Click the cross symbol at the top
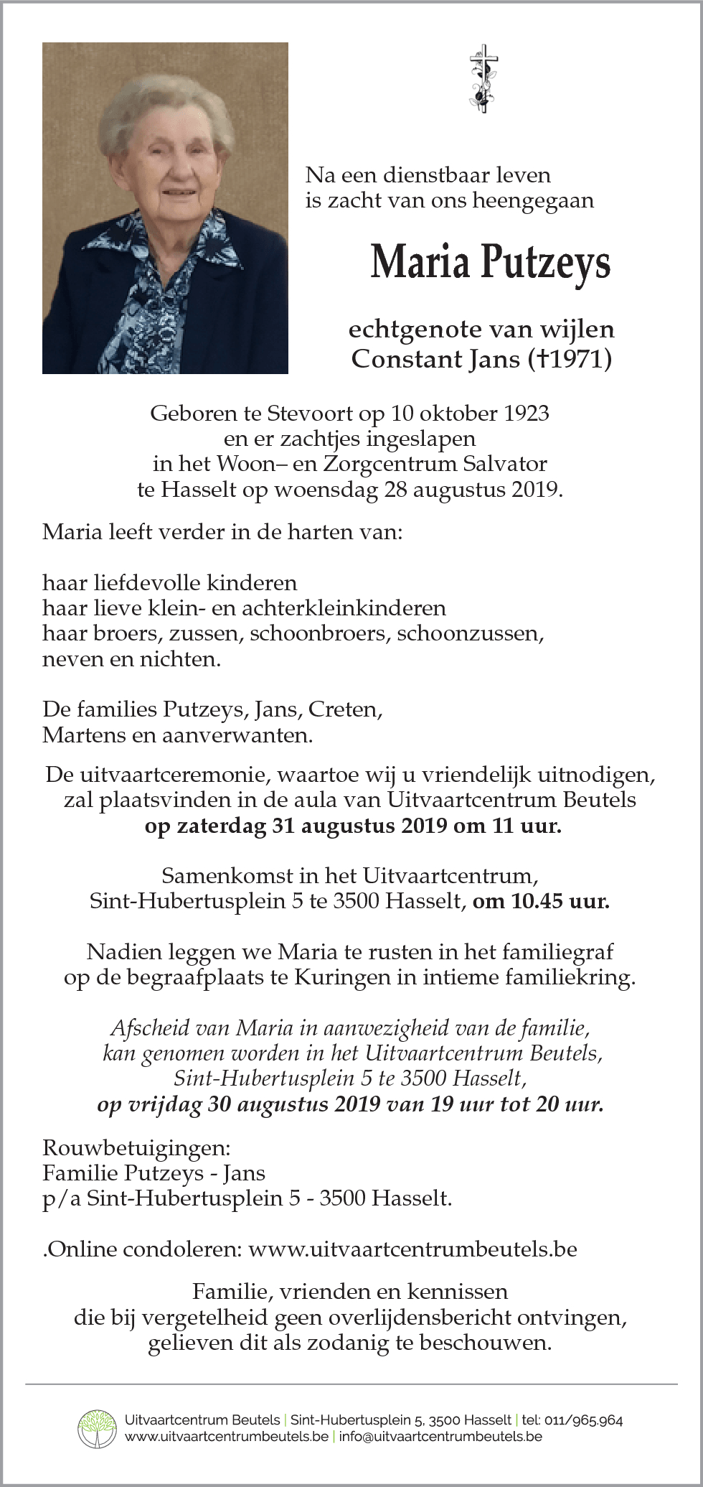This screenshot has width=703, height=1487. coord(483,78)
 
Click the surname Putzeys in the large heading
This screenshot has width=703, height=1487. coord(545,263)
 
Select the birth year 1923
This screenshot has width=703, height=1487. coord(526,414)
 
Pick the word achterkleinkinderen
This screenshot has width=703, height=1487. coord(344,608)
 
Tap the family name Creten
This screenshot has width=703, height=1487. coord(345,709)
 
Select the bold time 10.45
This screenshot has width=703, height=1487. coord(537,900)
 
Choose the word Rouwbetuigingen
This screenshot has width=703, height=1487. coord(136,1147)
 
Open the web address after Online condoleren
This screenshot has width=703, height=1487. coord(412,1249)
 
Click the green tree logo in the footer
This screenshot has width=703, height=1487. coord(97,1428)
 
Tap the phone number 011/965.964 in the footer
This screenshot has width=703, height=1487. coord(583,1420)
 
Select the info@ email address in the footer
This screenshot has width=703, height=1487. coord(440,1436)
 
